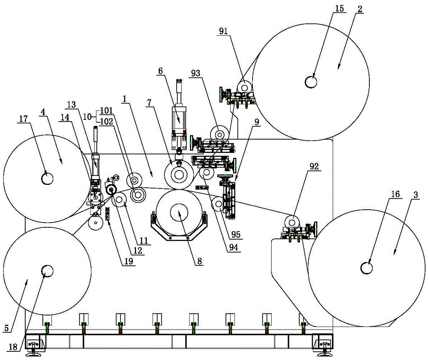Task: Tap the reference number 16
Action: coord(395,194)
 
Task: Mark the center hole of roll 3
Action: coord(366,268)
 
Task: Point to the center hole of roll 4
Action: coord(47,178)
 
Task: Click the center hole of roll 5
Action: coord(47,270)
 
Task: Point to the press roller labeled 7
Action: coord(178,176)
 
